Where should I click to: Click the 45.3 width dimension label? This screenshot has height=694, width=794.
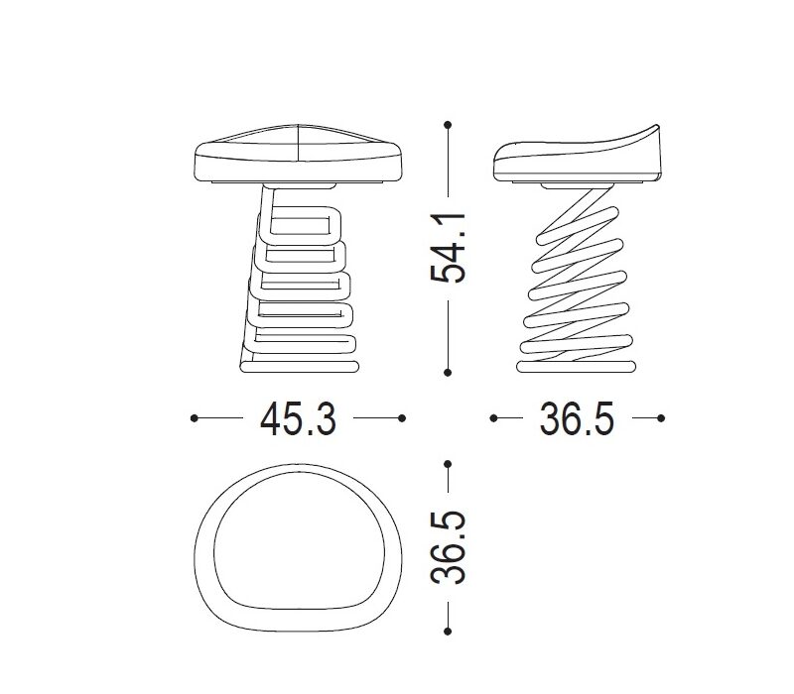tap(298, 418)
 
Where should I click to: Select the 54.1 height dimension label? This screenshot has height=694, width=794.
tap(448, 248)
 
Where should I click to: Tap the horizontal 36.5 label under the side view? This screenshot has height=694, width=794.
tap(577, 418)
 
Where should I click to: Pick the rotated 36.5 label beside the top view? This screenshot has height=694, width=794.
tap(448, 547)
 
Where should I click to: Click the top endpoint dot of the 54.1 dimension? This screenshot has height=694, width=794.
tap(448, 125)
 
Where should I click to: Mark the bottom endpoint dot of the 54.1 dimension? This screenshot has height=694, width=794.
tap(448, 373)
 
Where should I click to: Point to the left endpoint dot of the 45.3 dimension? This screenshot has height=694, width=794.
tap(195, 418)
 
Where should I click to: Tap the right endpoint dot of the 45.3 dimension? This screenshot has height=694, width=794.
tap(402, 418)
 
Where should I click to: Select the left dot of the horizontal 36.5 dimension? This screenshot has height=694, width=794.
tap(493, 418)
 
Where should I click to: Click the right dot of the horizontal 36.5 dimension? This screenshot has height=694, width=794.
tap(661, 418)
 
